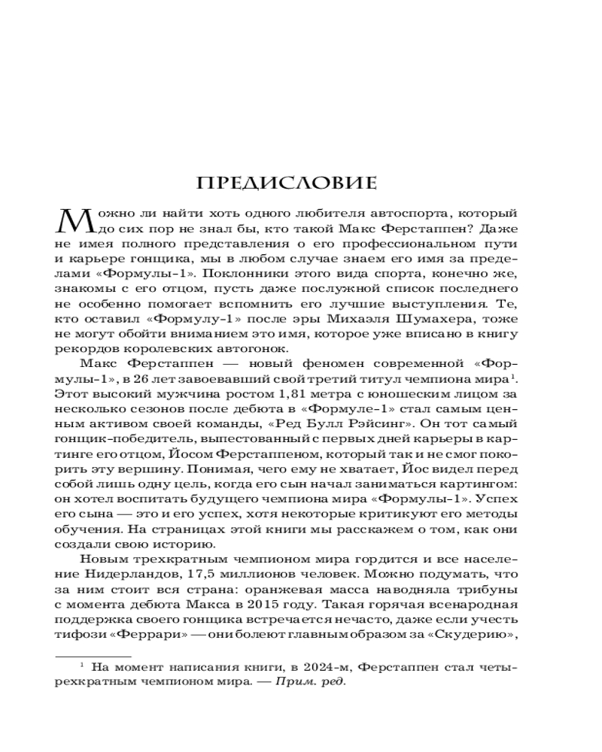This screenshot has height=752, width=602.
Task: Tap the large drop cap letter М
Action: (73, 225)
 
